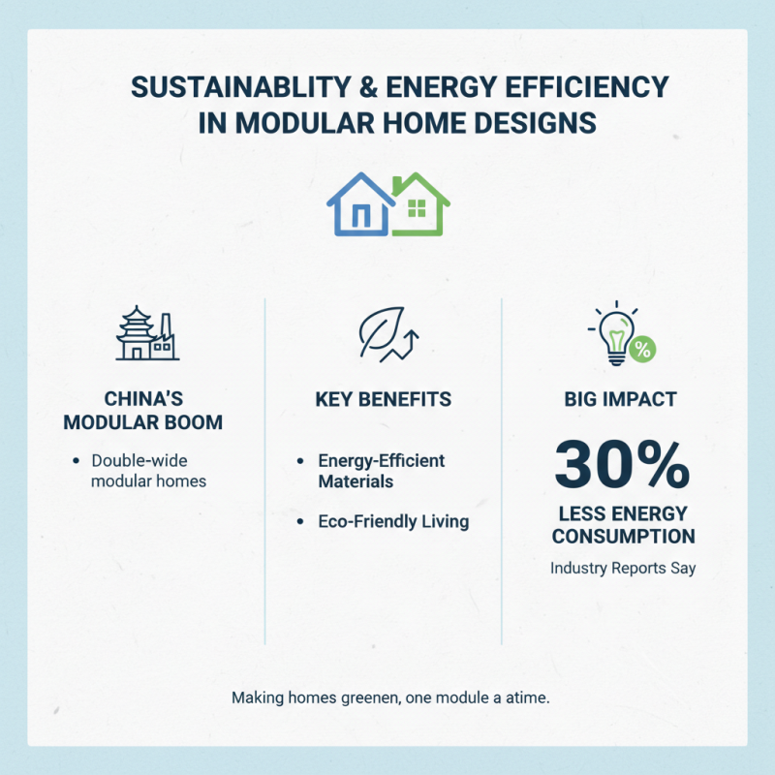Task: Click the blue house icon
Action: (359, 205)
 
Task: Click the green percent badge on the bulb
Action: (640, 350)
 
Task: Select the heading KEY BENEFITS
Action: (384, 400)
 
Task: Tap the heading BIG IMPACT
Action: (622, 400)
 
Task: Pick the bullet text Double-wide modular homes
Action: (148, 471)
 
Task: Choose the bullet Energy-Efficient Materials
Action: (381, 470)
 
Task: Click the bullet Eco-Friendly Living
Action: (393, 521)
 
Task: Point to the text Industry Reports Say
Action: (622, 569)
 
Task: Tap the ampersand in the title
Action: (370, 87)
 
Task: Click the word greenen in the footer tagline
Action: (353, 697)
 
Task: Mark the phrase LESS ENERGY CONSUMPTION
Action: (622, 524)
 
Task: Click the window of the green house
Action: (418, 207)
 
